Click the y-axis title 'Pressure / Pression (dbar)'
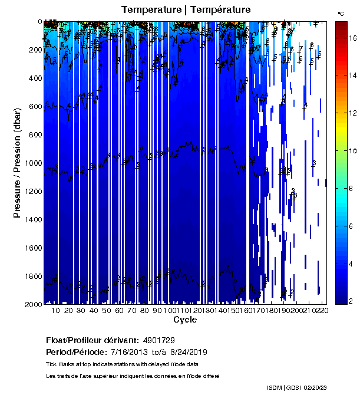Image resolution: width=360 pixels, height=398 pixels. tap(17, 162)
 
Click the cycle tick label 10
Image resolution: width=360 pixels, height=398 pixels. tap(56, 310)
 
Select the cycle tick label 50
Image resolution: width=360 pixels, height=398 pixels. tap(106, 310)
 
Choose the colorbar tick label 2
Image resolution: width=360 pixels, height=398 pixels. tap(351, 301)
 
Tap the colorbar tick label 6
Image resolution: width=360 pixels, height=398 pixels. tap(351, 226)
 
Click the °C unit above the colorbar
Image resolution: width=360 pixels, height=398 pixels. tap(341, 13)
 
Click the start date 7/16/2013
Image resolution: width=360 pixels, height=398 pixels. tap(128, 352)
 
